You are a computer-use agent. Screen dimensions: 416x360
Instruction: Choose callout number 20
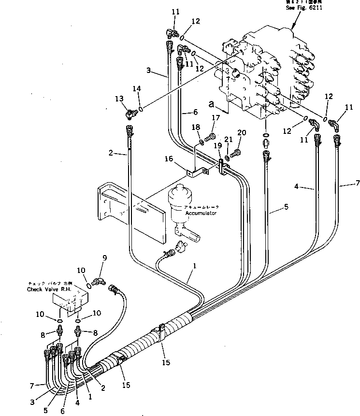(x=242, y=133)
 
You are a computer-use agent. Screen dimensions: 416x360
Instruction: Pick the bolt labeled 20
(x=236, y=154)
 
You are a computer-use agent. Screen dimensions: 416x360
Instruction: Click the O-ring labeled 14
(x=140, y=108)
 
